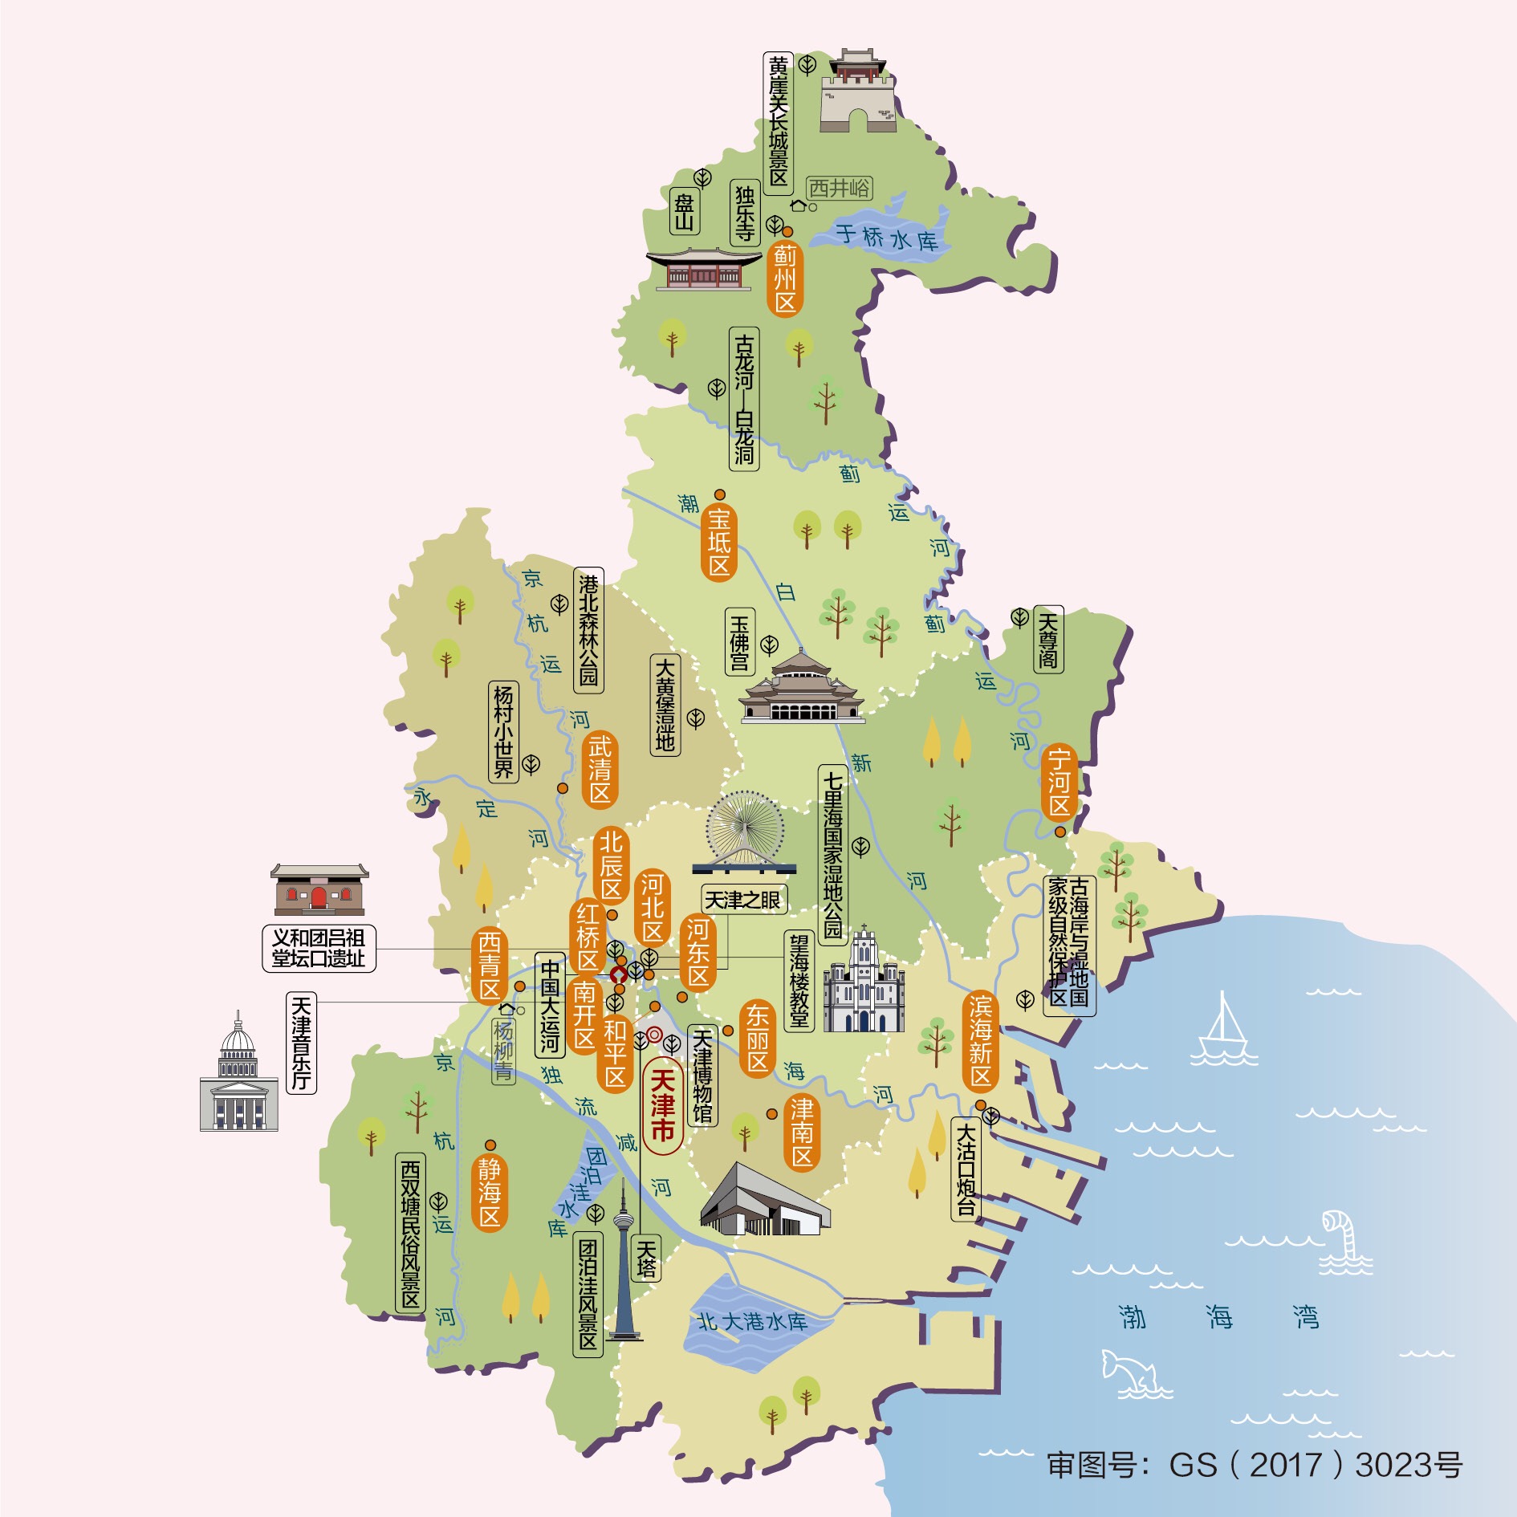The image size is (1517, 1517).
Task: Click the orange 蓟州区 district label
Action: point(784,279)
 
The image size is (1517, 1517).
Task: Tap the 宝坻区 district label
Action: point(719,543)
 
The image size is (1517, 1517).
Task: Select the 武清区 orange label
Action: point(600,770)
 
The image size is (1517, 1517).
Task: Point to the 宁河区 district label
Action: point(1059,781)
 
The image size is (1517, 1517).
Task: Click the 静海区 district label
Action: point(490,1193)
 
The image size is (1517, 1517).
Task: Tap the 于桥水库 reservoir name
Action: point(886,238)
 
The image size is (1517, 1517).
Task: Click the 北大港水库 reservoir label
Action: point(752,1321)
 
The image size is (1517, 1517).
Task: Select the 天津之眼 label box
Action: point(742,900)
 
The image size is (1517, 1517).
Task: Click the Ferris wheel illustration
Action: point(745,831)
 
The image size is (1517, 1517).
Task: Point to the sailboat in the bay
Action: point(1222,1031)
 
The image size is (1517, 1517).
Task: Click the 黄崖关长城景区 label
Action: point(778,121)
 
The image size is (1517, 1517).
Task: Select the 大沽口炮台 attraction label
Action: point(966,1169)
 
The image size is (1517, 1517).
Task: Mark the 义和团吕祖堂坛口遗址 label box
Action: point(319,948)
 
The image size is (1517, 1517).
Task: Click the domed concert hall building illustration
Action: point(238,1076)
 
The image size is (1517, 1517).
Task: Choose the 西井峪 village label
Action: point(839,188)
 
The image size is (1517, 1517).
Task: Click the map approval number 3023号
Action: point(1409,1465)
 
